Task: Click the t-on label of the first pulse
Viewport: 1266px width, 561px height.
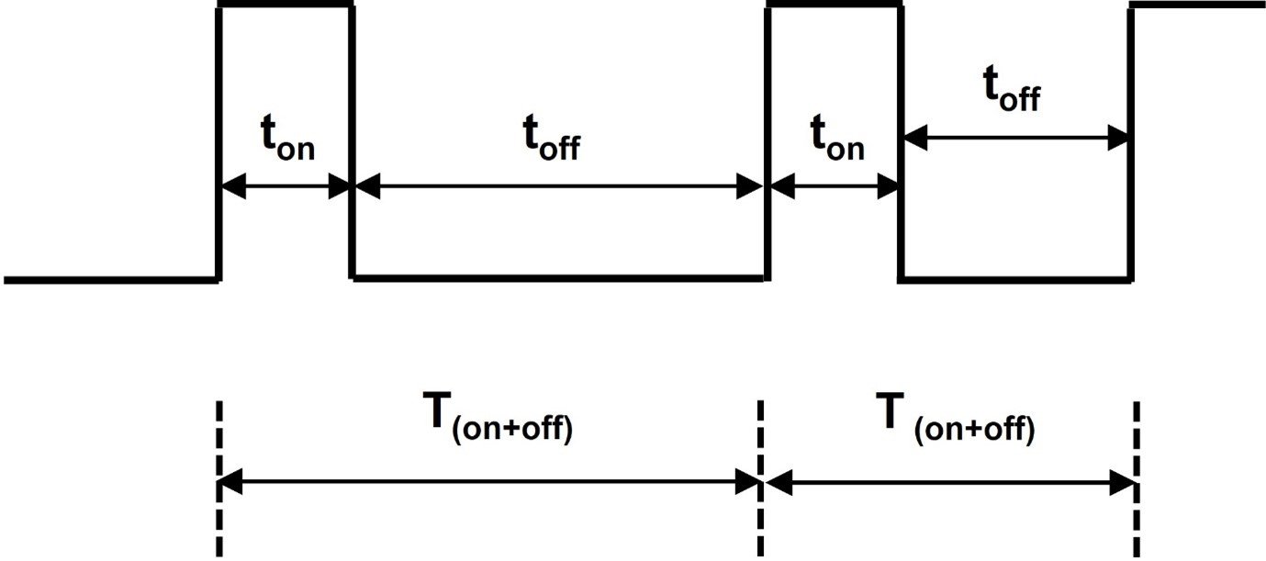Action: [x=286, y=143]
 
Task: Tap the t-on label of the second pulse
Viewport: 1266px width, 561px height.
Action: [x=835, y=143]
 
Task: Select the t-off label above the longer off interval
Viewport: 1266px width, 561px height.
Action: [x=552, y=143]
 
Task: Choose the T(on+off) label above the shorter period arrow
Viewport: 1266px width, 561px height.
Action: [x=966, y=421]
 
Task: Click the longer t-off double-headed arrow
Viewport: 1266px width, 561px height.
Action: [x=558, y=188]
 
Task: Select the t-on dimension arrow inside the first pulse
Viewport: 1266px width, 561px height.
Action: [x=286, y=188]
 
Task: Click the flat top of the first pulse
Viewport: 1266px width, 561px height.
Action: [x=286, y=6]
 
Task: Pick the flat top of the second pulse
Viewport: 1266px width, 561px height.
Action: [x=834, y=6]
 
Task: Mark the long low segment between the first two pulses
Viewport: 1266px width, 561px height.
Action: [x=558, y=276]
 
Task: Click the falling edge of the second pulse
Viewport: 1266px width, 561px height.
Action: [x=901, y=230]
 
